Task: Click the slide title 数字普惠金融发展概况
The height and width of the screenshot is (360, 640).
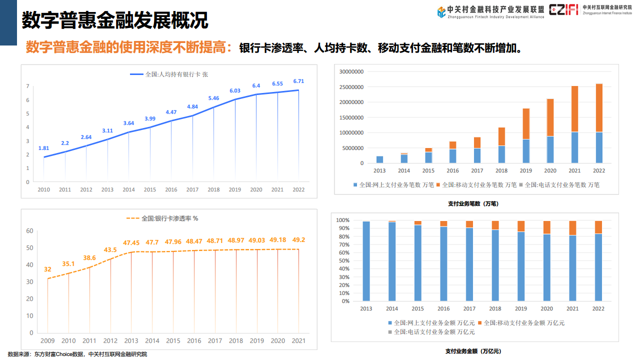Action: pyautogui.click(x=115, y=20)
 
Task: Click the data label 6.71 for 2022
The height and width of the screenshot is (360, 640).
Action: pyautogui.click(x=298, y=81)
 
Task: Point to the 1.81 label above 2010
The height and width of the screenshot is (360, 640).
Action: pyautogui.click(x=43, y=148)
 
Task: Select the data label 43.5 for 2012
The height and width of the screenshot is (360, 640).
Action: pyautogui.click(x=110, y=250)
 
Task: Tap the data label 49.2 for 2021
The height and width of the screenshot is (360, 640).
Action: pyautogui.click(x=298, y=240)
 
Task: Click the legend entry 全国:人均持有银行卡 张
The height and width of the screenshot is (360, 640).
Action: pyautogui.click(x=169, y=74)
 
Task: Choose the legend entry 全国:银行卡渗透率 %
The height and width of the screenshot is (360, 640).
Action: pyautogui.click(x=162, y=218)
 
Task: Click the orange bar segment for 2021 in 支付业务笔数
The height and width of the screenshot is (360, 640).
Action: pyautogui.click(x=574, y=109)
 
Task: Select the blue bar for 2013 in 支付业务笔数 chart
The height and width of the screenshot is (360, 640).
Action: pyautogui.click(x=380, y=159)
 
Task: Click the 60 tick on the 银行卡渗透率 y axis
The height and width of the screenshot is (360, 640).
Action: pyautogui.click(x=29, y=231)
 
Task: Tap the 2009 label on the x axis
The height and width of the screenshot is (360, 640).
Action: pyautogui.click(x=47, y=341)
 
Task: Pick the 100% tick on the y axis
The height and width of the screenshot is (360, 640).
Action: pyautogui.click(x=342, y=220)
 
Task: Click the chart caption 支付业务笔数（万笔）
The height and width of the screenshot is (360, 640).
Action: pyautogui.click(x=473, y=203)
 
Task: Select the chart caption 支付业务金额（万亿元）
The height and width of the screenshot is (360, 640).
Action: pyautogui.click(x=473, y=351)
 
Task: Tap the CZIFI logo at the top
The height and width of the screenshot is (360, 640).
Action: pyautogui.click(x=563, y=9)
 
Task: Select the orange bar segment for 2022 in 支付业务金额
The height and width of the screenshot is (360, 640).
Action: pyautogui.click(x=598, y=227)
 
